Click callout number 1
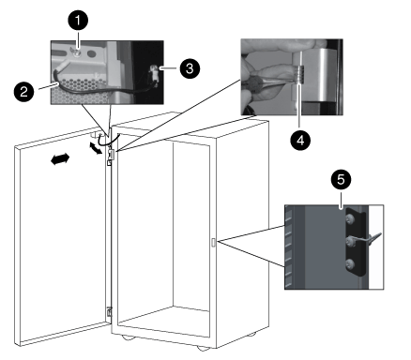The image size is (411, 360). coord(78,21)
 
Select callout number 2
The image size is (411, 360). coord(24,92)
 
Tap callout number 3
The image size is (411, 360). coord(190,68)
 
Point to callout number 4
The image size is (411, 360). coord(300,141)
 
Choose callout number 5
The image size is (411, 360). coord(341,180)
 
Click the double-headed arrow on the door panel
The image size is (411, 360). coord(60,159)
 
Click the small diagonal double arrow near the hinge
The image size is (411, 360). coord(96,148)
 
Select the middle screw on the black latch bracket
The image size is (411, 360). coord(349,241)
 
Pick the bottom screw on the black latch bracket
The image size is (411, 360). coord(350,264)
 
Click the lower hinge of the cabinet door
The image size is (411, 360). coord(109,312)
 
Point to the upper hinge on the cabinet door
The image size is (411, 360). coord(111,156)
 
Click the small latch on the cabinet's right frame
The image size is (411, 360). coord(213,243)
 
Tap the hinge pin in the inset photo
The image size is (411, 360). coord(299,75)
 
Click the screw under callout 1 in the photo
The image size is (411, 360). coord(76,52)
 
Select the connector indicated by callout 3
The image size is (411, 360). coord(154,73)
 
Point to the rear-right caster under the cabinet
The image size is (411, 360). coord(251,335)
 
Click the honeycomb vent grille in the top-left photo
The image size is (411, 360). coord(82,92)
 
